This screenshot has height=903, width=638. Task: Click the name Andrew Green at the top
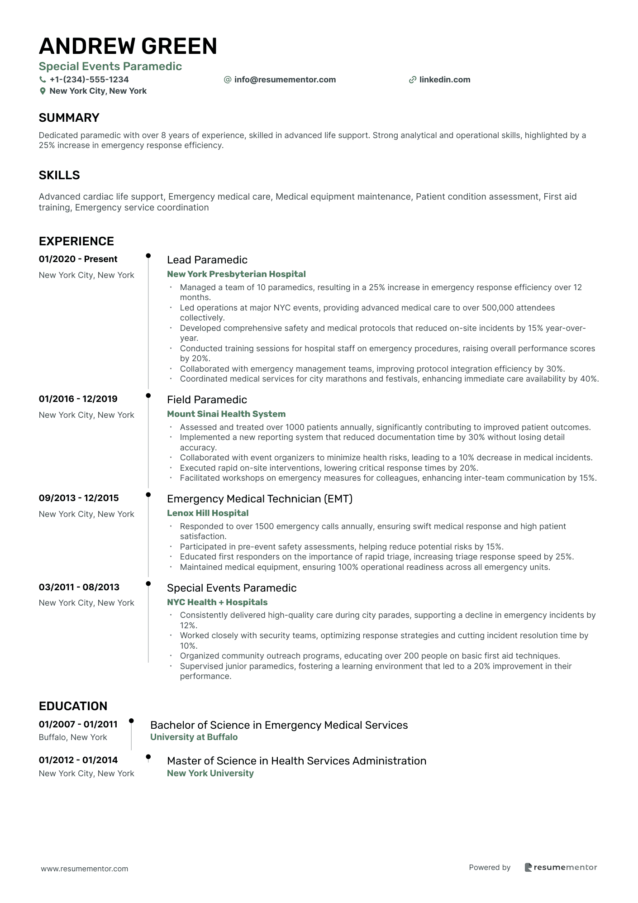[x=128, y=46]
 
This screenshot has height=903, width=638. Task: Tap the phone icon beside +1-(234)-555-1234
[x=43, y=80]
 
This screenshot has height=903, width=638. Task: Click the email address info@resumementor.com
[x=285, y=80]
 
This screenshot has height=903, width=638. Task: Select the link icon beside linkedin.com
[x=412, y=80]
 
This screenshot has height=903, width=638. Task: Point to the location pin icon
[x=43, y=91]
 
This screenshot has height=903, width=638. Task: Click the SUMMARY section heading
[x=69, y=118]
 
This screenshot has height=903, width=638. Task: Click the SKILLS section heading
[x=59, y=175]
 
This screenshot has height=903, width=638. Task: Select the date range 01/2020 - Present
[x=78, y=259]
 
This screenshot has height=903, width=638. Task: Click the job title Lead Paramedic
[x=207, y=260]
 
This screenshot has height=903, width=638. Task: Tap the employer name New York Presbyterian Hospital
[x=236, y=274]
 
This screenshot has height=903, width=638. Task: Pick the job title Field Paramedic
[x=207, y=400]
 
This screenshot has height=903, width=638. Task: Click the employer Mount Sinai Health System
[x=226, y=414]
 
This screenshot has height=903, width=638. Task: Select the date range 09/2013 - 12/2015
[x=79, y=498]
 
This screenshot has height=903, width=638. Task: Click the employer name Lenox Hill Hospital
[x=208, y=513]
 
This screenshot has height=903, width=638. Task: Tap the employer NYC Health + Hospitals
[x=217, y=602]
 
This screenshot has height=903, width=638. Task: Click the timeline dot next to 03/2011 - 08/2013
[x=148, y=583]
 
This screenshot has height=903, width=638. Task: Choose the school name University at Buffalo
[x=194, y=737]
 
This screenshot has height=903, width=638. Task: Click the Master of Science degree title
[x=296, y=761]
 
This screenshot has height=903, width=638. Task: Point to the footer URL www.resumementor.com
[x=85, y=869]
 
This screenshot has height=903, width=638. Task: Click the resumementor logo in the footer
[x=561, y=868]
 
